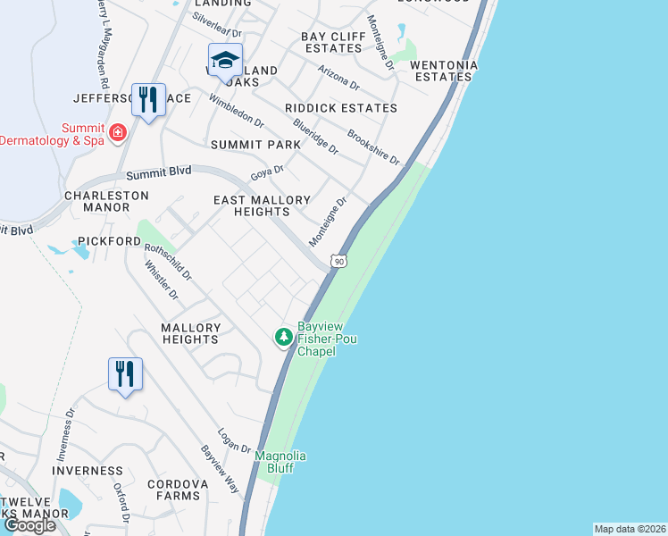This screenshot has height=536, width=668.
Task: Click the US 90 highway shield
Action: point(337,261)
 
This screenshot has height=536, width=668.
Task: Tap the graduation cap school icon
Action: point(225,60)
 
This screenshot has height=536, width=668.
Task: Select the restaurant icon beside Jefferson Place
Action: point(148,99)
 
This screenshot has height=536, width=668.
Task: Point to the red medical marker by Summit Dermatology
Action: point(117,133)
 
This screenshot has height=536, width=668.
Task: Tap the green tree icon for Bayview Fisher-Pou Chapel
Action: point(283,337)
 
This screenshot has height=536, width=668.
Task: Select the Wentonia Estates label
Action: point(444,71)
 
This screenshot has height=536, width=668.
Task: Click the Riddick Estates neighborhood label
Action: point(340,108)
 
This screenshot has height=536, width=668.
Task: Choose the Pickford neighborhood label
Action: point(110,241)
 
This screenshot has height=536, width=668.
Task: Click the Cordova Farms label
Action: point(178,490)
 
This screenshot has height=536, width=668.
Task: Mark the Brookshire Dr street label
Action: point(372,147)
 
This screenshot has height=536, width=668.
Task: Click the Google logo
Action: point(29,524)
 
